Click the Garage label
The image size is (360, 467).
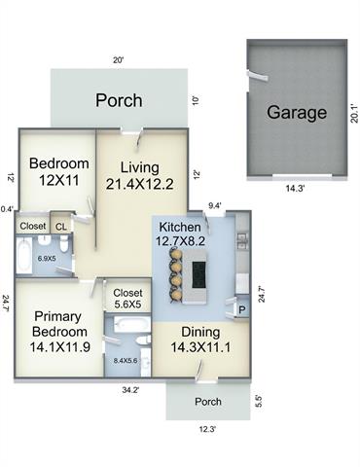[297, 113]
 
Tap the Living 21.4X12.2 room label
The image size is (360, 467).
[140, 175]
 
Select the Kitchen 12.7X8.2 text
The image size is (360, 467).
[180, 233]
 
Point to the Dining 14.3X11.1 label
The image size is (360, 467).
[200, 340]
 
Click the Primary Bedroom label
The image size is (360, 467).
[59, 332]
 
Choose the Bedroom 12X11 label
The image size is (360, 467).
[59, 171]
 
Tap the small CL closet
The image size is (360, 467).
[61, 227]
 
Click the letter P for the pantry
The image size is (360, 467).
[242, 310]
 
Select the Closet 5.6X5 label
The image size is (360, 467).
[127, 299]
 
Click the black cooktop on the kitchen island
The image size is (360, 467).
[199, 275]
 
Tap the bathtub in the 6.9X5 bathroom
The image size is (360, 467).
[24, 255]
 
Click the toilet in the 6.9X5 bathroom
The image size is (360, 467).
[64, 243]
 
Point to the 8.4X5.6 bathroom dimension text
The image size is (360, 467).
[126, 360]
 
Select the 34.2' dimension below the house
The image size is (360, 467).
[130, 390]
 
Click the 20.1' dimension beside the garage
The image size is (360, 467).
[354, 113]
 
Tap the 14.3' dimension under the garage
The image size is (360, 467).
[295, 189]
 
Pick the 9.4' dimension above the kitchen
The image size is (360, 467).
[215, 205]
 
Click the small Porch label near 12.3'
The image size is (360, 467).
[208, 402]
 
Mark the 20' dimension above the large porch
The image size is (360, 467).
[119, 60]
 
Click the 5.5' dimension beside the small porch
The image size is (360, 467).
[259, 401]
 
